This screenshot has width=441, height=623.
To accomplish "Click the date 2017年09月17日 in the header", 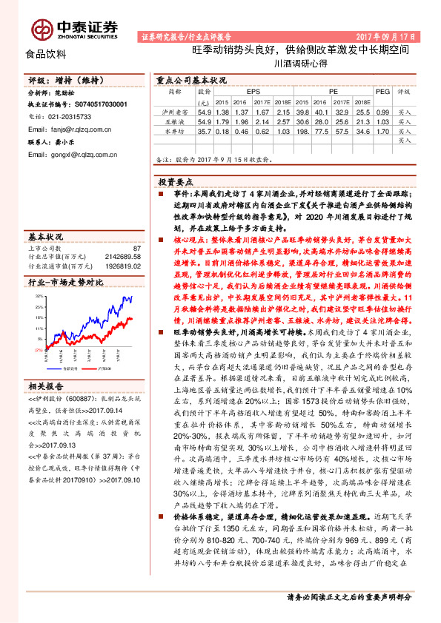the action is [x=385, y=36].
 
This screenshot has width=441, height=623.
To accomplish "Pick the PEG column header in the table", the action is [x=382, y=92].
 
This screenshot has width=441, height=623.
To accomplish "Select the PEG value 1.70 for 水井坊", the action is [x=382, y=130].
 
